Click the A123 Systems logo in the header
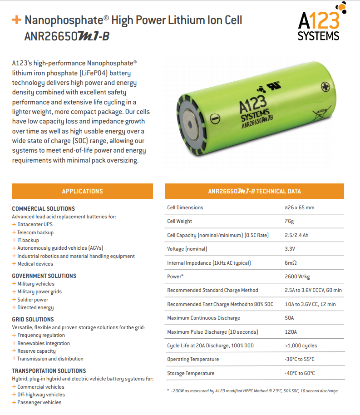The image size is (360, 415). pos(319,23)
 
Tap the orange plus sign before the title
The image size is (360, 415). pos(17,20)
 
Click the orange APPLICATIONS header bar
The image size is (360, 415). pos(82,191)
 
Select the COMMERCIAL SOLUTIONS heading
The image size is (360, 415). pos(43,209)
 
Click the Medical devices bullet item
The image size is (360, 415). pos(35,264)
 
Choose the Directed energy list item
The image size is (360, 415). pos(35,307)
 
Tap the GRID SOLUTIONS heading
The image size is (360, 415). pos(33,319)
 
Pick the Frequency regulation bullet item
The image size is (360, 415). pos(41,335)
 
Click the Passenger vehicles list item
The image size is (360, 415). pos(39,402)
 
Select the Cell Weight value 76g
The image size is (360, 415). pos(289,222)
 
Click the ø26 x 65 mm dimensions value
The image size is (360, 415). pos(299,207)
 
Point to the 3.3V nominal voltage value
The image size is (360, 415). pos(290,249)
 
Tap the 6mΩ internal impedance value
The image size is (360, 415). pos(291,263)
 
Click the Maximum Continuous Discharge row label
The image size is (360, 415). pos(203,318)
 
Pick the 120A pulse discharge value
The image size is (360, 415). pos(290,332)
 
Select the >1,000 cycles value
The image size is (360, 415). pos(301,346)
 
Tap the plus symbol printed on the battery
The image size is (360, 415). pos(325,86)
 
